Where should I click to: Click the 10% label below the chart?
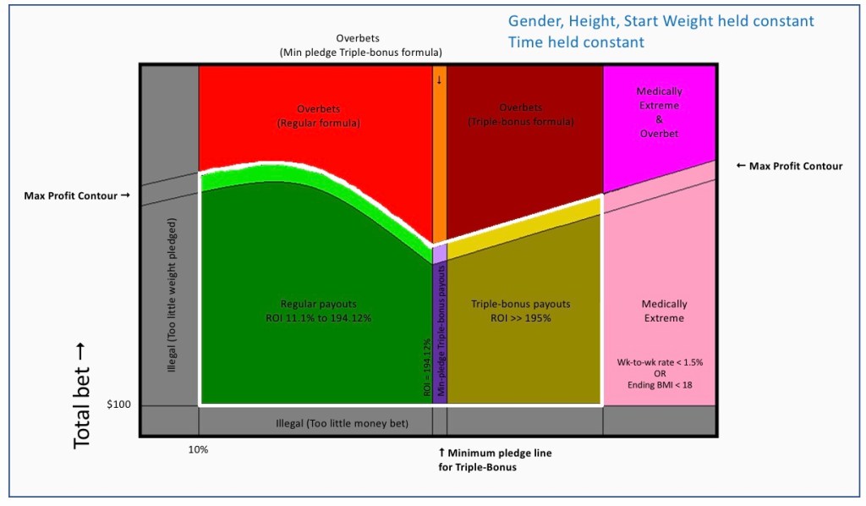pyautogui.click(x=198, y=450)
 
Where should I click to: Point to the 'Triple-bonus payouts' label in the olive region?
pyautogui.click(x=520, y=311)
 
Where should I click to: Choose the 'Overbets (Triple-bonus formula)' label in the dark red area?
pyautogui.click(x=520, y=115)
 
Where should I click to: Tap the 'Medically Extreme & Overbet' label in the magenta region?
pyautogui.click(x=659, y=112)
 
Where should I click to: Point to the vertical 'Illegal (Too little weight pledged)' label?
pyautogui.click(x=172, y=295)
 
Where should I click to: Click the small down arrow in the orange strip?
pyautogui.click(x=439, y=80)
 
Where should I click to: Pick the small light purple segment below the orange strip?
pyautogui.click(x=439, y=254)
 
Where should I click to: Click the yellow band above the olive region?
pyautogui.click(x=524, y=226)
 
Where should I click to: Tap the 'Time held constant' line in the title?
pyautogui.click(x=576, y=42)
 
